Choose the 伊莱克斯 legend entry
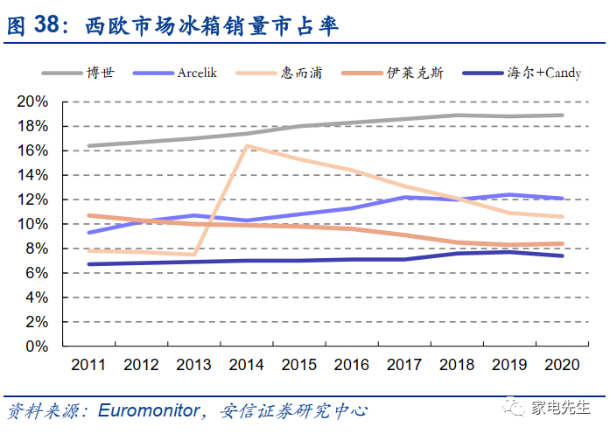pos(416,73)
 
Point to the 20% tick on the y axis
pos(32,101)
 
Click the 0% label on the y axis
pos(36,346)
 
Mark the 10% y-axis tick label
pos(32,224)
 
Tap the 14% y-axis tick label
pos(32,175)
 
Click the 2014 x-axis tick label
pos(246,364)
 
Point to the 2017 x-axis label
pos(403,364)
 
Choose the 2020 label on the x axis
pos(561,364)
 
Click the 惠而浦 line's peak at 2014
pos(247,145)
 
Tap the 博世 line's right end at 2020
pos(562,115)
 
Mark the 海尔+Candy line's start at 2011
pos(88,264)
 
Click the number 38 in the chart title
pos(51,26)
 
